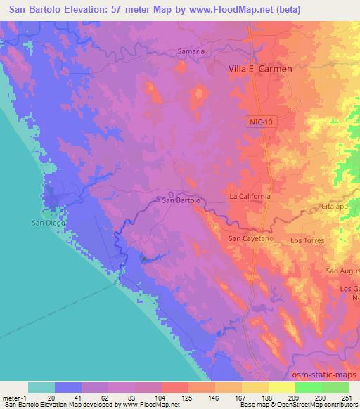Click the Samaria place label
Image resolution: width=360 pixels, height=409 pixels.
[190, 51]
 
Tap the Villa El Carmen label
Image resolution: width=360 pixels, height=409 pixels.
[258, 69]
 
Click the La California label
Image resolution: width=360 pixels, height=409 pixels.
[250, 197]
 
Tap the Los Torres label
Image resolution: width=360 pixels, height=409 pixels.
[306, 240]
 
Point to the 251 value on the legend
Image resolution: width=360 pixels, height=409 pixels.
[348, 397]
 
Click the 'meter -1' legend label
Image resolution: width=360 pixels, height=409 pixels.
[14, 397]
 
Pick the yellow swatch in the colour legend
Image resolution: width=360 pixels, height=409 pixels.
[282, 387]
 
